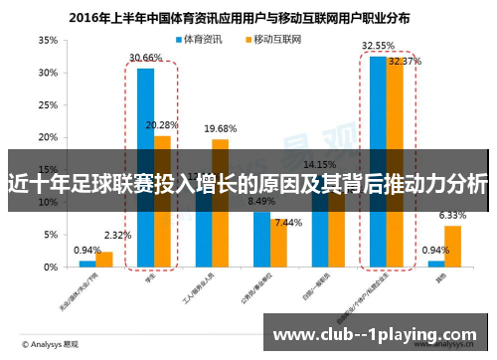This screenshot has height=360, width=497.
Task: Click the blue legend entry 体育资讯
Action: pyautogui.click(x=204, y=40)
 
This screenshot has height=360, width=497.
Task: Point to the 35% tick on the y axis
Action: pyautogui.click(x=48, y=41)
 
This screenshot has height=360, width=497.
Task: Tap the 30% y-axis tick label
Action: pyautogui.click(x=48, y=73)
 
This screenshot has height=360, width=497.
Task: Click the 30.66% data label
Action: pyautogui.click(x=145, y=58)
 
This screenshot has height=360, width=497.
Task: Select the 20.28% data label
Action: pyautogui.click(x=163, y=124)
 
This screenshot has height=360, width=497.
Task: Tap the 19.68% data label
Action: pyautogui.click(x=221, y=128)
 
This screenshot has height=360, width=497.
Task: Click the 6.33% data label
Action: pyautogui.click(x=452, y=215)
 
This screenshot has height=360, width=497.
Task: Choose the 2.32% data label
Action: pyautogui.click(x=116, y=236)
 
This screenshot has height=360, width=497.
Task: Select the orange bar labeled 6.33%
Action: pyautogui.click(x=452, y=247)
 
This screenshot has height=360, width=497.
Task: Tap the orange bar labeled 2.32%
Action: pyautogui.click(x=104, y=260)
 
